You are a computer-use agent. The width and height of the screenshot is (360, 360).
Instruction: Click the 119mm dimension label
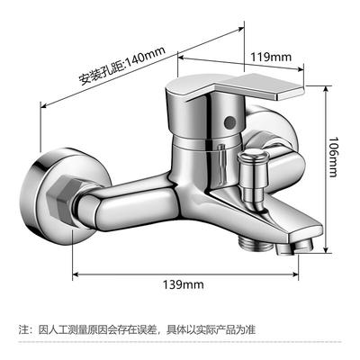point(271,57)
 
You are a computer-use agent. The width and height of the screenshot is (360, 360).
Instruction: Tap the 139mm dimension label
point(183,284)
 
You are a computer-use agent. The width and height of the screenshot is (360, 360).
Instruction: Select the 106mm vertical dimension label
point(334,157)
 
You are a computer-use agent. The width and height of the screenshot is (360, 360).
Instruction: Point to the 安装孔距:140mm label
point(122,66)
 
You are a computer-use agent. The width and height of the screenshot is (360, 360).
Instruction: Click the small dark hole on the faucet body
point(229,121)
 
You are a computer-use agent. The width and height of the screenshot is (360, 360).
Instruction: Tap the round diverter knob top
point(253,157)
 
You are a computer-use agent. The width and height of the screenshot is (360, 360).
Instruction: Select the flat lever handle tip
point(290,93)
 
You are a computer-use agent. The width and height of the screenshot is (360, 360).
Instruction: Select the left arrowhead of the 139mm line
point(76,274)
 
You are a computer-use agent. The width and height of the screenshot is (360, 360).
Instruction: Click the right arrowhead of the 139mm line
point(295,274)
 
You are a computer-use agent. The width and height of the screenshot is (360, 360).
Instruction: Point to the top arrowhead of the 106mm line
point(327,89)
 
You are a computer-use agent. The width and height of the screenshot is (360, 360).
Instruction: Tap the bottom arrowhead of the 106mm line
point(327,249)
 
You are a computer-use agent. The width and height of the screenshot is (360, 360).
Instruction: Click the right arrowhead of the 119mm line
point(301,69)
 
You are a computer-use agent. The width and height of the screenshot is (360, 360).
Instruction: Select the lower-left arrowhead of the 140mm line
point(43,105)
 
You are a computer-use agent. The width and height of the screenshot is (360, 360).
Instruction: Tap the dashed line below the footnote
point(180,342)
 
